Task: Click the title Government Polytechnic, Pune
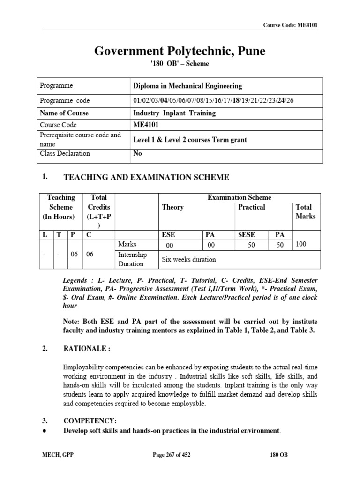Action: pyautogui.click(x=180, y=51)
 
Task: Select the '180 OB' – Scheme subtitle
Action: pyautogui.click(x=180, y=64)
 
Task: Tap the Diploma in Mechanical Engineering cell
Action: pyautogui.click(x=188, y=86)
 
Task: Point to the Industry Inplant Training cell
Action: pyautogui.click(x=174, y=113)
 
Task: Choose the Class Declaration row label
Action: pyautogui.click(x=65, y=153)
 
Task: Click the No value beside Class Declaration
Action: pyautogui.click(x=138, y=153)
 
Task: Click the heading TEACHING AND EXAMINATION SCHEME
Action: pyautogui.click(x=146, y=177)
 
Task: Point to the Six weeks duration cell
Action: pyautogui.click(x=189, y=259)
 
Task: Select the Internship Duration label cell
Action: pyautogui.click(x=133, y=259)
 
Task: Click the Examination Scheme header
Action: pyautogui.click(x=239, y=198)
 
